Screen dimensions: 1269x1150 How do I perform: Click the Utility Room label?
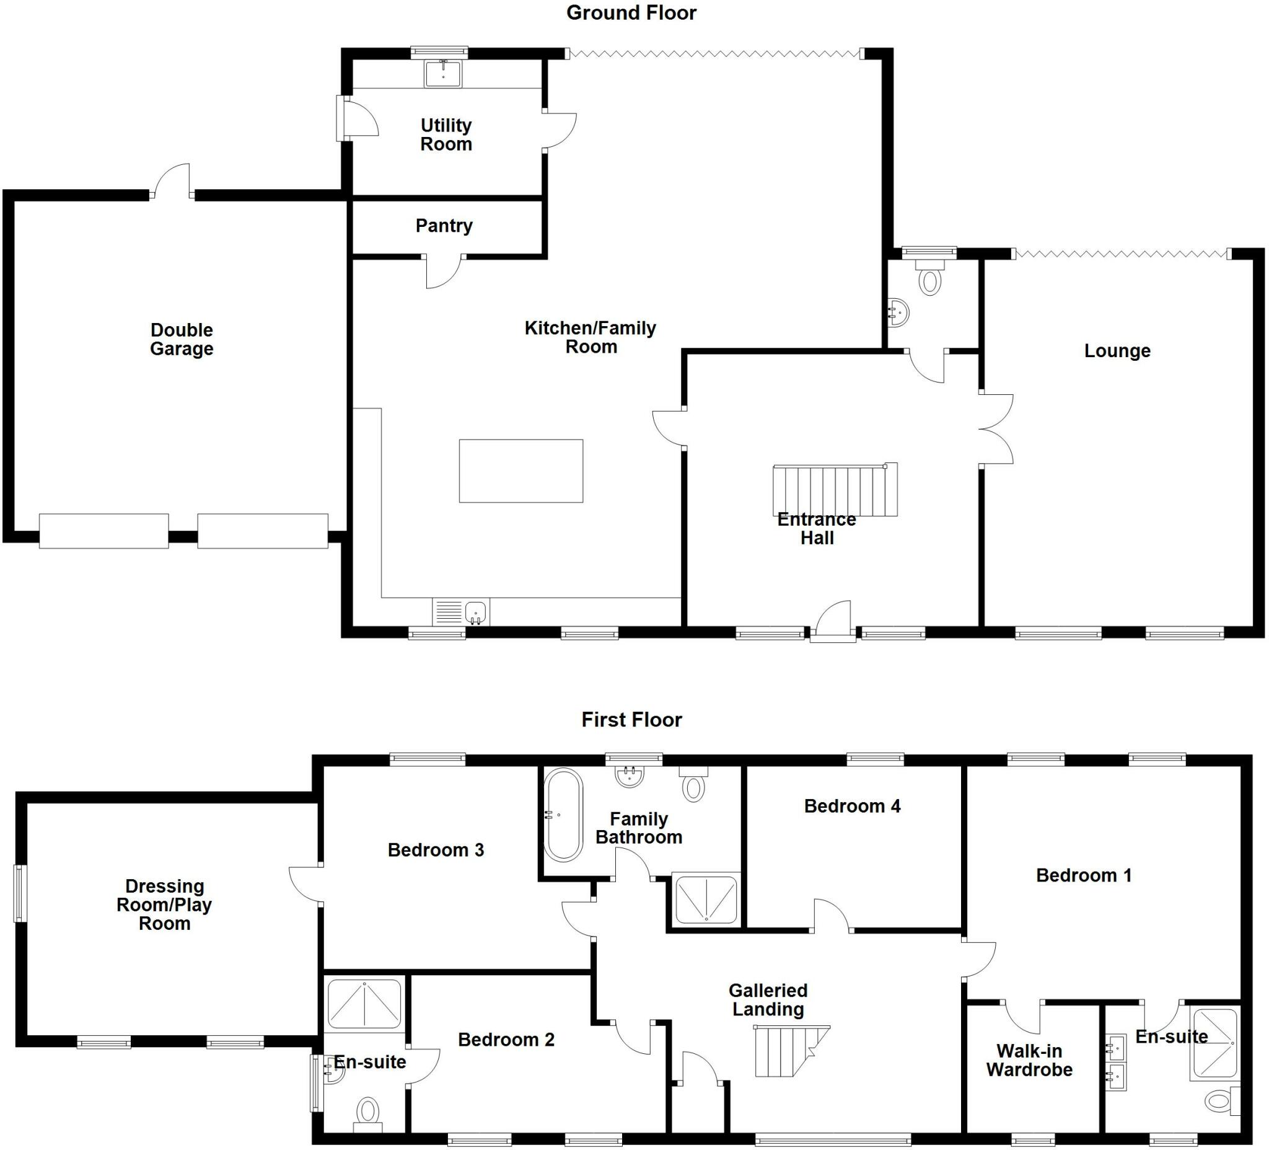(446, 135)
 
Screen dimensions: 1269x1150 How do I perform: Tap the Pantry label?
(444, 226)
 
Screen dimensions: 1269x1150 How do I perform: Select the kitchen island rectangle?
(520, 471)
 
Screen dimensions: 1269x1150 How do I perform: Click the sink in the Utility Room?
(443, 74)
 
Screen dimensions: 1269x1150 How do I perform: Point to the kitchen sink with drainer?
(461, 611)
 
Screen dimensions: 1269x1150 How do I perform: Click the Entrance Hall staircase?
(834, 490)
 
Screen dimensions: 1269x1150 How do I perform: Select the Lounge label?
(1117, 351)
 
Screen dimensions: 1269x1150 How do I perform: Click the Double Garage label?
(182, 339)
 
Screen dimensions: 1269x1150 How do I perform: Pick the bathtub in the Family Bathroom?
(563, 815)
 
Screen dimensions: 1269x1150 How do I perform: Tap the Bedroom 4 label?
(851, 806)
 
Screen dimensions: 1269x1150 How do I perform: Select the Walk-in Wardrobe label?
(1029, 1061)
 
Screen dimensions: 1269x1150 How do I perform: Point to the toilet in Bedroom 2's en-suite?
(367, 1112)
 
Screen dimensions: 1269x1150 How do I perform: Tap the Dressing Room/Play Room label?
(164, 905)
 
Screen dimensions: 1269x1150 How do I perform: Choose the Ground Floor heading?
(631, 12)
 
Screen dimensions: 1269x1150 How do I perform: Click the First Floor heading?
(631, 719)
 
